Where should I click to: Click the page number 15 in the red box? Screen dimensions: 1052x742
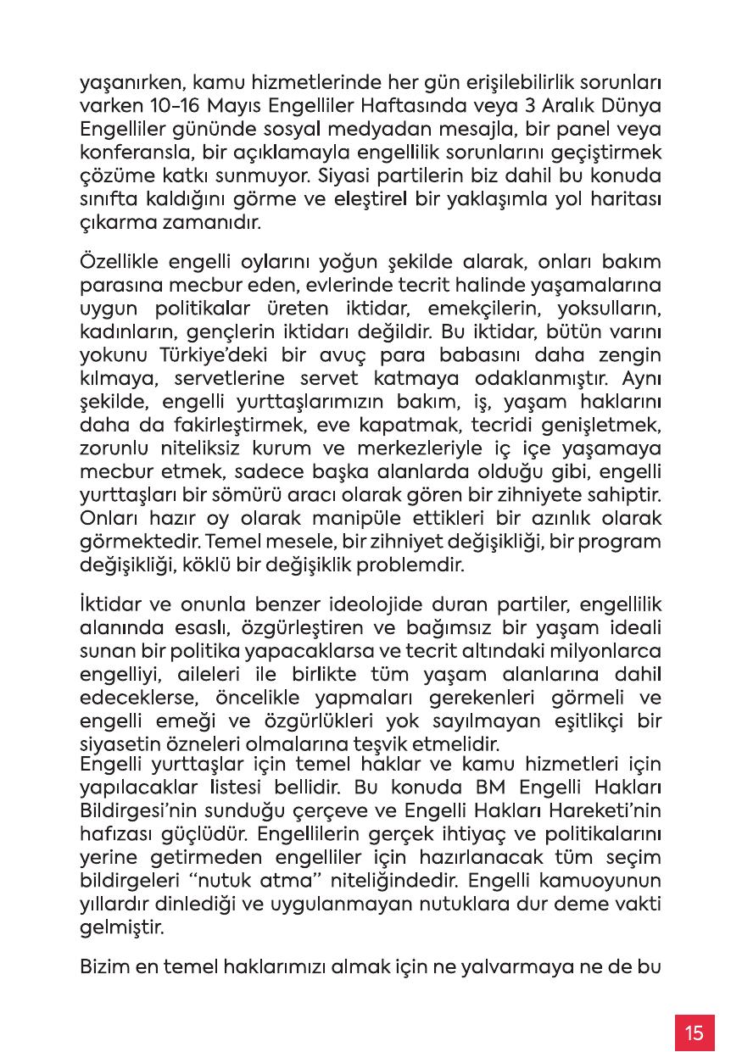pos(695,1033)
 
